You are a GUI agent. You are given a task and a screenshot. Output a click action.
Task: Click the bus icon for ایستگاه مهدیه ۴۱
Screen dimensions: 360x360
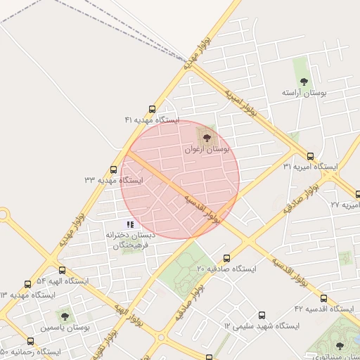[x=153, y=109]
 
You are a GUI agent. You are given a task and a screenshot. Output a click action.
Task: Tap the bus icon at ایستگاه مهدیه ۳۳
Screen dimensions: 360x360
[x=114, y=169]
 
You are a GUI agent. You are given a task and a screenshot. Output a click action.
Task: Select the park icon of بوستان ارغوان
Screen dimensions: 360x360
[x=207, y=136]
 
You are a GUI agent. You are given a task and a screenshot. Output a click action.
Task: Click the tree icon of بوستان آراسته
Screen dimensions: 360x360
[x=304, y=82]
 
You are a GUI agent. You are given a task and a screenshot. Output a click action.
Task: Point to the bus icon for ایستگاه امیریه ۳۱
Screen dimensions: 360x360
[x=310, y=156]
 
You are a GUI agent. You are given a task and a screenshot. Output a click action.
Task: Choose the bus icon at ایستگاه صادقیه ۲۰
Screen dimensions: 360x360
[x=226, y=258]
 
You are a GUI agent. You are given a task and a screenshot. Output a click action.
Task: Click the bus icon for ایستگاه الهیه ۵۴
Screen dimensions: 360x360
[x=63, y=270]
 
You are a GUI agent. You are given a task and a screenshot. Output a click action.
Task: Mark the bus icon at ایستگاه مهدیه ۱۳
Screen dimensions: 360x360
[x=28, y=285]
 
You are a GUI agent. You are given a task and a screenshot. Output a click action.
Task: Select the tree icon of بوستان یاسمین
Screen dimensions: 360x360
[x=65, y=316]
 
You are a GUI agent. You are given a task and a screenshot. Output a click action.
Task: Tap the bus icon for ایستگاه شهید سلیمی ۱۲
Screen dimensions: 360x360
[x=262, y=316]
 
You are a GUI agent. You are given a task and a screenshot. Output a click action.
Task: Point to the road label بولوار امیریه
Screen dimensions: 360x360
[x=239, y=101]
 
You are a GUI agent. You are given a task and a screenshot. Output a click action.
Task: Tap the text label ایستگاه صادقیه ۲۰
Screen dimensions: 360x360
[x=227, y=269]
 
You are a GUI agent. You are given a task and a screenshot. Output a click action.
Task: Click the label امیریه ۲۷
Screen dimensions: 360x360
[x=345, y=204]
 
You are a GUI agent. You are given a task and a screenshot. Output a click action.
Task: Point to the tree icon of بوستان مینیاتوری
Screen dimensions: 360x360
[x=340, y=346]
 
